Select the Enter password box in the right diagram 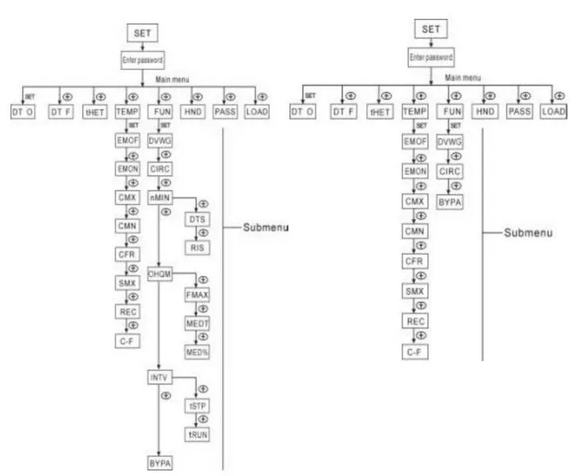click(x=431, y=57)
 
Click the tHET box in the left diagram click(x=97, y=112)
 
